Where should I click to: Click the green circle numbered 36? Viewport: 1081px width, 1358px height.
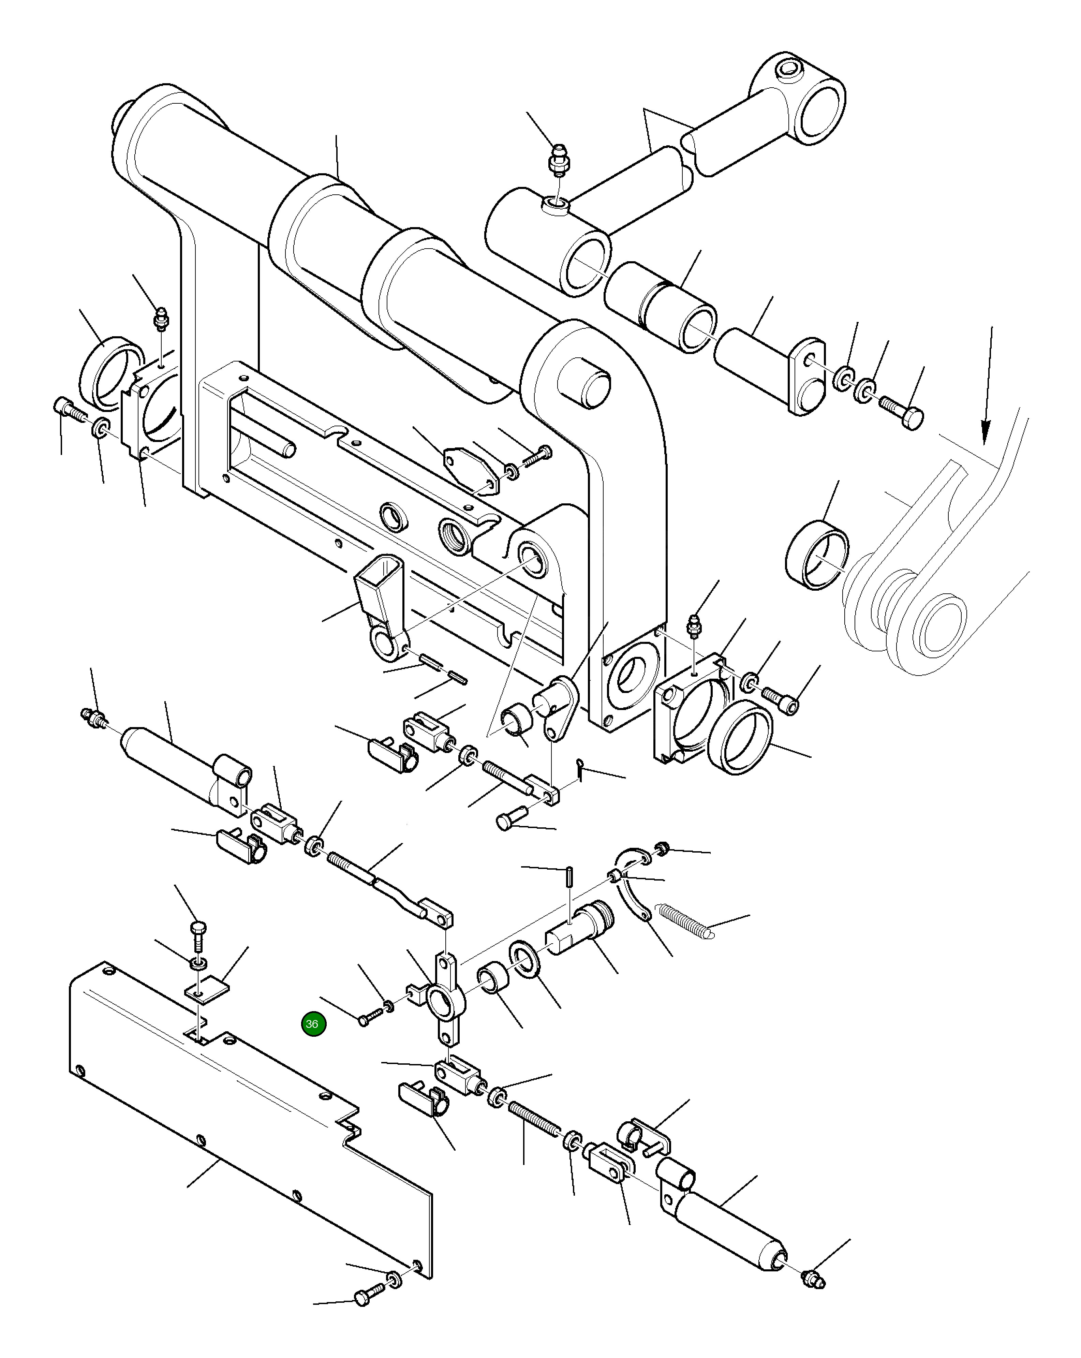[x=313, y=1023]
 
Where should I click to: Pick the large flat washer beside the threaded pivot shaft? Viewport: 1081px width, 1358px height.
[x=524, y=959]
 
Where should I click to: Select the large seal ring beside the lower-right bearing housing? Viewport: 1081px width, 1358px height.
[x=740, y=738]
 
